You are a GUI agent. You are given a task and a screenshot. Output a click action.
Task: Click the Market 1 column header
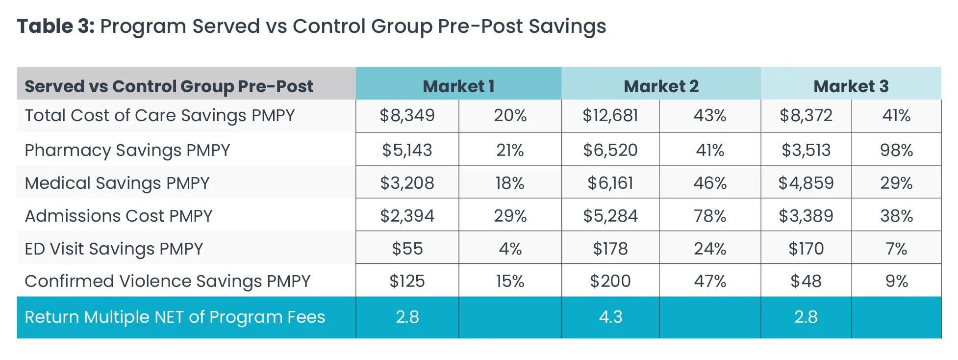pyautogui.click(x=458, y=86)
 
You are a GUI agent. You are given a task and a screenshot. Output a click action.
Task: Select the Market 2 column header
pyautogui.click(x=661, y=86)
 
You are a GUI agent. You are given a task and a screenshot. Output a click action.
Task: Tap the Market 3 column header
pyautogui.click(x=851, y=86)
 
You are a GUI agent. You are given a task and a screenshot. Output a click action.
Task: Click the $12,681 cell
pyautogui.click(x=610, y=116)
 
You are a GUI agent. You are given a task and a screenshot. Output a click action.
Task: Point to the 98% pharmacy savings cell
pyautogui.click(x=896, y=150)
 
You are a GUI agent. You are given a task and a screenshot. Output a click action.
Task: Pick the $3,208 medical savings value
pyautogui.click(x=407, y=183)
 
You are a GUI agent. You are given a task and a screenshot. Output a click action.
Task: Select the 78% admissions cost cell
pyautogui.click(x=709, y=216)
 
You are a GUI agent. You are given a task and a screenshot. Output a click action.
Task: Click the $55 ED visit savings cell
pyautogui.click(x=407, y=249)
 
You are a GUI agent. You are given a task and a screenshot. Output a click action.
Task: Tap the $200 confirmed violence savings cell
pyautogui.click(x=610, y=281)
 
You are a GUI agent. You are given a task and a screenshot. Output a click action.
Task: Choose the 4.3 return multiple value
pyautogui.click(x=610, y=317)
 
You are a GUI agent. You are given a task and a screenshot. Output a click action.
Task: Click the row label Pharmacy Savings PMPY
pyautogui.click(x=127, y=150)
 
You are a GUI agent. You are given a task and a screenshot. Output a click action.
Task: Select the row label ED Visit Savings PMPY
pyautogui.click(x=114, y=249)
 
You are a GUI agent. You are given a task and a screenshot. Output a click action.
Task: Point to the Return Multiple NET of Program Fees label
pyautogui.click(x=175, y=317)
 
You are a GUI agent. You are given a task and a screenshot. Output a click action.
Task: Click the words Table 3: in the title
pyautogui.click(x=56, y=26)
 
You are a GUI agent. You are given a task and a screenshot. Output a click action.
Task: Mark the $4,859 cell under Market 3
pyautogui.click(x=806, y=183)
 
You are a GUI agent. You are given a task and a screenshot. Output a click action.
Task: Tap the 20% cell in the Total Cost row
pyautogui.click(x=510, y=116)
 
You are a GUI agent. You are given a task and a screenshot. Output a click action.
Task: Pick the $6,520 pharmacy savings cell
pyautogui.click(x=610, y=150)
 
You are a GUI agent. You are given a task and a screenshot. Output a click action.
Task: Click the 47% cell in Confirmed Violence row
pyautogui.click(x=709, y=281)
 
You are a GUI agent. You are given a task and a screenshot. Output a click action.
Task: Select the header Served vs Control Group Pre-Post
pyautogui.click(x=169, y=86)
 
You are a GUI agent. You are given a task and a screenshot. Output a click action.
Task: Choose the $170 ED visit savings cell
pyautogui.click(x=806, y=249)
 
